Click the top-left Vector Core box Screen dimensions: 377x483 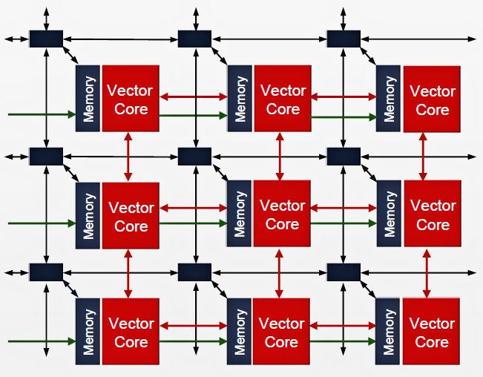(x=131, y=99)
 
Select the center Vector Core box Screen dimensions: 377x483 (x=282, y=214)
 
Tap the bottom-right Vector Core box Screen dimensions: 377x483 (x=432, y=332)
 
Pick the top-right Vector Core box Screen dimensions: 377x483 (x=432, y=99)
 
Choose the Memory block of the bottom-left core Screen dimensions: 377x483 (x=88, y=332)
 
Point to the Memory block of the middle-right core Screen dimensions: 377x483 (x=390, y=215)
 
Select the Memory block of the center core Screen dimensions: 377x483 (x=240, y=215)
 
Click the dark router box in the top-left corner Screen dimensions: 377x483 (x=45, y=39)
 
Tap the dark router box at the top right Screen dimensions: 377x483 (x=344, y=39)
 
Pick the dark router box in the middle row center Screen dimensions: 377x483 (x=194, y=157)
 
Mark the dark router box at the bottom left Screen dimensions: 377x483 (x=45, y=272)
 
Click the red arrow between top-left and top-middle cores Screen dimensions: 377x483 (x=193, y=96)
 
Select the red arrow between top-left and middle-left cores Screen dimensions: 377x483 (x=129, y=157)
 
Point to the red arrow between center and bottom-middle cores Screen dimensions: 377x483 (x=280, y=272)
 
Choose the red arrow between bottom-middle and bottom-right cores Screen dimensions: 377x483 (x=344, y=326)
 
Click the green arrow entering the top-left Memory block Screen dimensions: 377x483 (x=42, y=114)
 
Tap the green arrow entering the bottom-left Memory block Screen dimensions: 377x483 (x=42, y=341)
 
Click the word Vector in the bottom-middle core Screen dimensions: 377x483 (x=282, y=324)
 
